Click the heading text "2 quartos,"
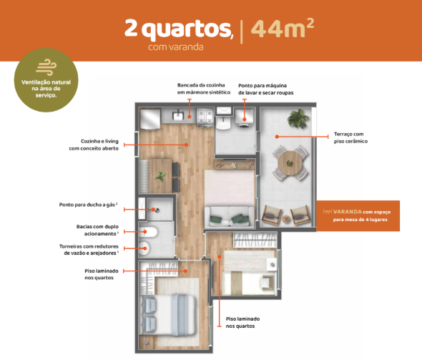click(180, 29)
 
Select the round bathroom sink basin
click(146, 249)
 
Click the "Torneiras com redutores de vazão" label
click(88, 250)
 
